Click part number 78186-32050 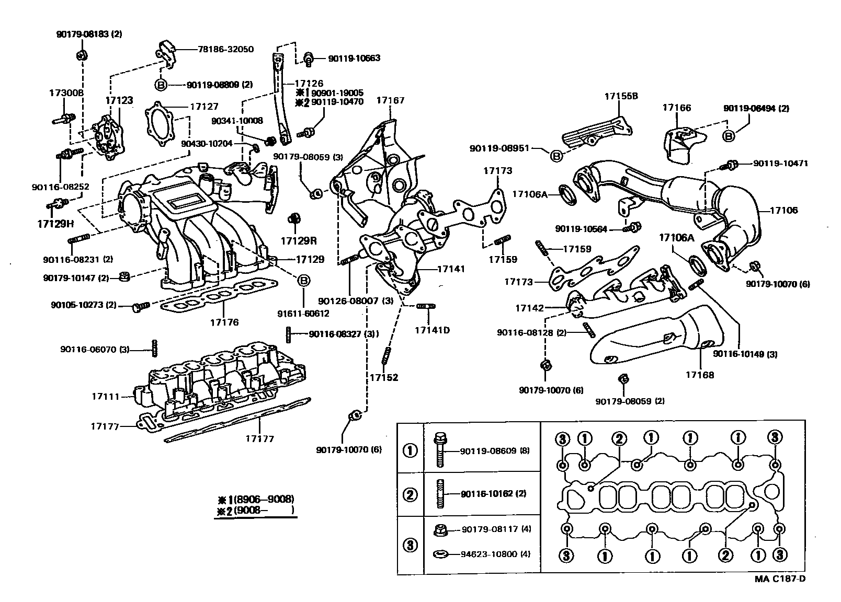click(x=226, y=50)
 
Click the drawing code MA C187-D click(x=779, y=578)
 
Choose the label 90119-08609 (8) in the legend click(x=495, y=450)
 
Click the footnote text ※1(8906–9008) click(x=256, y=499)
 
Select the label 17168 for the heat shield click(x=700, y=375)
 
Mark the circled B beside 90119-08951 click(x=556, y=155)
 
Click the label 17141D click(x=432, y=330)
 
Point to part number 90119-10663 click(x=354, y=59)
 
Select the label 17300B click(x=66, y=92)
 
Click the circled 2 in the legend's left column click(x=411, y=494)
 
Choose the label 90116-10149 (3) click(x=745, y=354)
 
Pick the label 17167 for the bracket click(x=391, y=100)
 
